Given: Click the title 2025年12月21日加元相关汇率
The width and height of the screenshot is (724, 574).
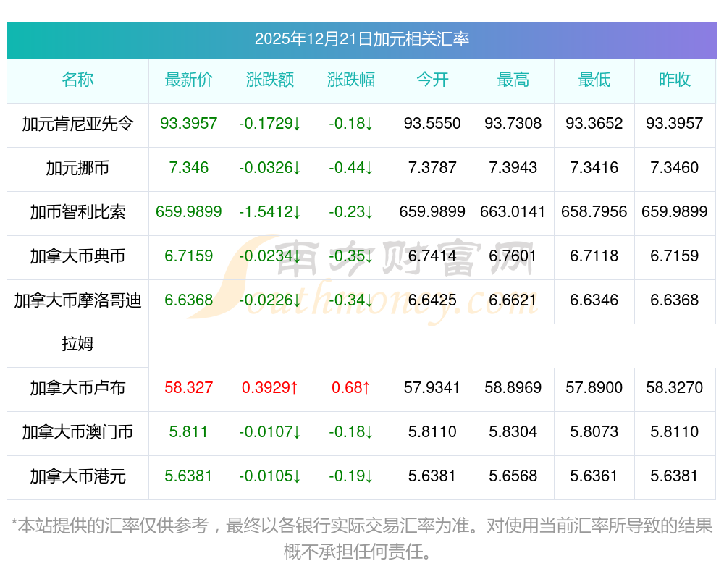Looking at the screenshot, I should click(x=361, y=39).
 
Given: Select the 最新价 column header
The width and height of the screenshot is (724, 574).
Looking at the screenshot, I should click(x=189, y=80).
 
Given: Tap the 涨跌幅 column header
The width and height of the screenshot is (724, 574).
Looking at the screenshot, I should click(x=351, y=80).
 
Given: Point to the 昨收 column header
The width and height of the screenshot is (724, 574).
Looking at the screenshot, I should click(x=675, y=80).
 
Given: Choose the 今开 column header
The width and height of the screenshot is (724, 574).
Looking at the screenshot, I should click(x=432, y=80).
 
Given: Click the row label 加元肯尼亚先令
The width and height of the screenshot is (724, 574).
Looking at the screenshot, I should click(x=77, y=124).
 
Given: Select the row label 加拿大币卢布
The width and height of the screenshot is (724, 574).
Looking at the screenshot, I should click(x=77, y=388).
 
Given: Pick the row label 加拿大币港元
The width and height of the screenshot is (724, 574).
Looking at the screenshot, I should click(x=77, y=476).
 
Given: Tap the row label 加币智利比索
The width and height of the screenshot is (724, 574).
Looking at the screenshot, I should click(x=77, y=212).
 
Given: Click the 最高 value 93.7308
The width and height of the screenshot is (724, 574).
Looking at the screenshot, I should click(x=513, y=124).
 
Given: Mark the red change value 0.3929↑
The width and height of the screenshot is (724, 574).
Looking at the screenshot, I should click(x=270, y=388).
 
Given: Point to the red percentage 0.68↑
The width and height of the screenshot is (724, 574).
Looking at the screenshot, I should click(x=351, y=388).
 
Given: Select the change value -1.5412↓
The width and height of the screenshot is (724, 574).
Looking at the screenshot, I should click(x=270, y=212).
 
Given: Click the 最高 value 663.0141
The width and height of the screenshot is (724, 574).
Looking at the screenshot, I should click(x=513, y=212).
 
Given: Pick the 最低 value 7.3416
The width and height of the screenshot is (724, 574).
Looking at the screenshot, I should click(x=594, y=168).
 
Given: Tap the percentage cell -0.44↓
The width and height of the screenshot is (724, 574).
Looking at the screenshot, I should click(x=351, y=168).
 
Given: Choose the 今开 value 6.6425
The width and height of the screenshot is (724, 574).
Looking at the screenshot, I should click(x=432, y=300).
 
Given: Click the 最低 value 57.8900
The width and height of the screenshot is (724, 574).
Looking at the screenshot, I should click(x=594, y=388).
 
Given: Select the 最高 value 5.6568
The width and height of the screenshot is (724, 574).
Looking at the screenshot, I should click(x=513, y=476).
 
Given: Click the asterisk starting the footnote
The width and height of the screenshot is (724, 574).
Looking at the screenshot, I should click(x=15, y=524).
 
